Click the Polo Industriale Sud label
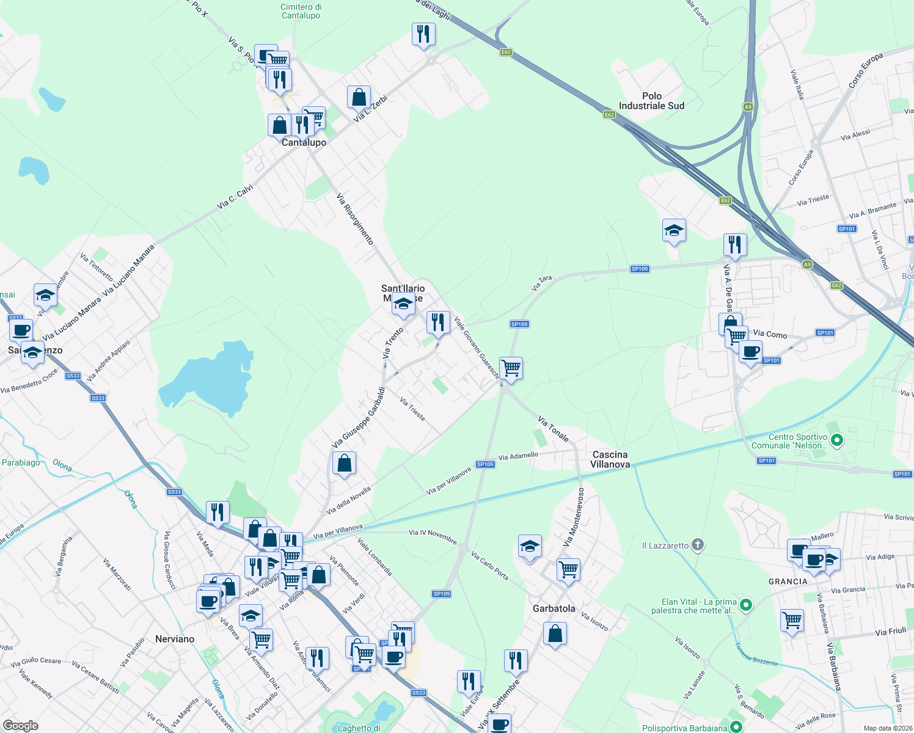(x=651, y=101)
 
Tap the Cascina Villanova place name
(x=610, y=459)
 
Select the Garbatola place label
(x=554, y=608)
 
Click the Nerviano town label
(x=175, y=639)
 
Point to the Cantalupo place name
(x=304, y=142)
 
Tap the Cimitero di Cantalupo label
(x=301, y=11)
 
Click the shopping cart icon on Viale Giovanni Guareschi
(x=511, y=368)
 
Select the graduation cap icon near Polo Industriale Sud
(x=673, y=230)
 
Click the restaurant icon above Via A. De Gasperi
(x=734, y=245)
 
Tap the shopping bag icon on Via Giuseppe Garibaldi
(x=344, y=463)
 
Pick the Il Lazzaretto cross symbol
(x=698, y=545)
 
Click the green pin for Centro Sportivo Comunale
(x=838, y=439)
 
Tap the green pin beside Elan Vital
(x=745, y=605)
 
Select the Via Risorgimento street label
(x=355, y=219)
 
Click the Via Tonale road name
(x=554, y=429)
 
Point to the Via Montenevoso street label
(x=574, y=517)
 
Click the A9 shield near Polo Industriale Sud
(x=748, y=107)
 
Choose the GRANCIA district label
(x=788, y=582)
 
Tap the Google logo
(x=21, y=725)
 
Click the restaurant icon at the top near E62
(x=423, y=34)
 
